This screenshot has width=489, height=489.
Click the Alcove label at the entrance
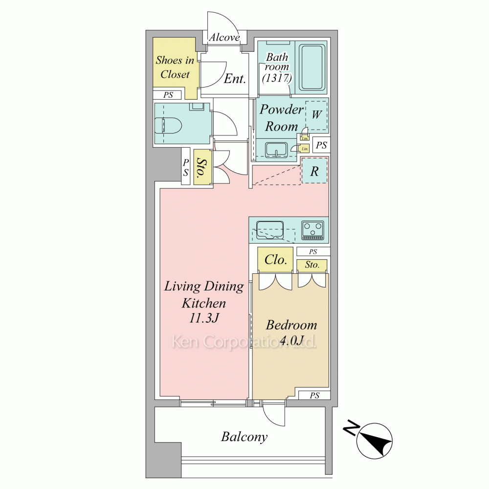click(x=224, y=38)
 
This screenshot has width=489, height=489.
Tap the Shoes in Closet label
click(x=175, y=67)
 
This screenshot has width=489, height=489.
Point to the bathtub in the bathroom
click(x=312, y=67)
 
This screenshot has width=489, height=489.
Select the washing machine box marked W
click(x=316, y=115)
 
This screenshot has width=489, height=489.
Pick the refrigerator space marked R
click(x=314, y=171)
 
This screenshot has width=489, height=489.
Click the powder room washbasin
click(x=276, y=150)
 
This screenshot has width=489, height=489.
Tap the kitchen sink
click(x=270, y=230)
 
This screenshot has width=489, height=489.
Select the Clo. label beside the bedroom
click(x=276, y=260)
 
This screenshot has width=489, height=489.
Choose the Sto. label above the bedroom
click(x=312, y=265)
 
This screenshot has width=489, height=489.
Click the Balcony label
click(x=244, y=437)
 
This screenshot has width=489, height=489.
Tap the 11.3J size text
click(x=204, y=318)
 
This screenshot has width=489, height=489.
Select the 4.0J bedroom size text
click(x=292, y=340)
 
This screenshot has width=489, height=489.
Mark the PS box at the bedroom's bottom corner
click(x=314, y=395)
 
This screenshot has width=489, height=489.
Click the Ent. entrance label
click(x=235, y=78)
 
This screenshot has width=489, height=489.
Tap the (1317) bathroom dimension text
click(x=277, y=78)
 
